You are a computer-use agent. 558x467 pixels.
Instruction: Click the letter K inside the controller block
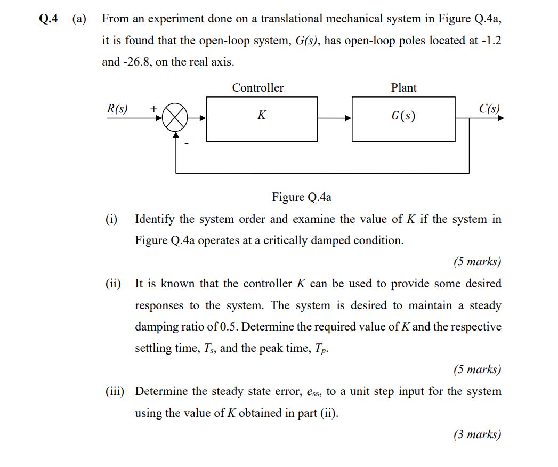(x=262, y=115)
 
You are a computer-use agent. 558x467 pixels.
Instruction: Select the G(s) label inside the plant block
(x=403, y=116)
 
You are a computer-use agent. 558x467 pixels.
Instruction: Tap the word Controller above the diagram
(x=258, y=88)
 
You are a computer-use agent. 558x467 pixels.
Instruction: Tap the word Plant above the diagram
(x=403, y=88)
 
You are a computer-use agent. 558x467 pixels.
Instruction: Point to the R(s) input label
(x=117, y=109)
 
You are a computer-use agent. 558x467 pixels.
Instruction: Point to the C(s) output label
(x=489, y=109)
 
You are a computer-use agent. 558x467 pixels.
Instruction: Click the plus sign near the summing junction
(x=153, y=108)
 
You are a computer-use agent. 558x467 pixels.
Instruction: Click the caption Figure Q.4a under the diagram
(x=302, y=197)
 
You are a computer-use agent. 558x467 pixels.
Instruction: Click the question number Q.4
(x=49, y=19)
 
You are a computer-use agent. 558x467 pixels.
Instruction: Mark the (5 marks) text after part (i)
(x=478, y=262)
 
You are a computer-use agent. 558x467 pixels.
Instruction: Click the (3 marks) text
(x=478, y=434)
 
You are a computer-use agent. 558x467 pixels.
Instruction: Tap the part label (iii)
(x=115, y=391)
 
